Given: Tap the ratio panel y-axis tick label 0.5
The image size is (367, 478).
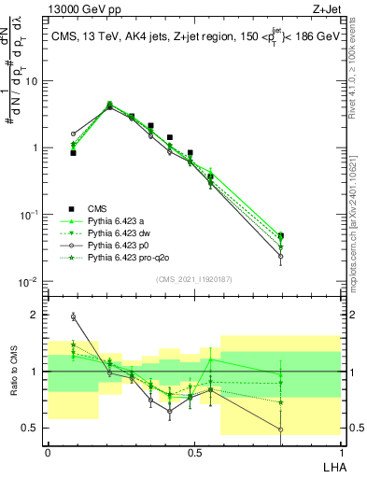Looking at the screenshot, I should tap(33, 429).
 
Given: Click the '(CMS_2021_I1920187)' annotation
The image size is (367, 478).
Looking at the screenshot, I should tap(193, 279).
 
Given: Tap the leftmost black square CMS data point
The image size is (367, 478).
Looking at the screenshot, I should tap(73, 152).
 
